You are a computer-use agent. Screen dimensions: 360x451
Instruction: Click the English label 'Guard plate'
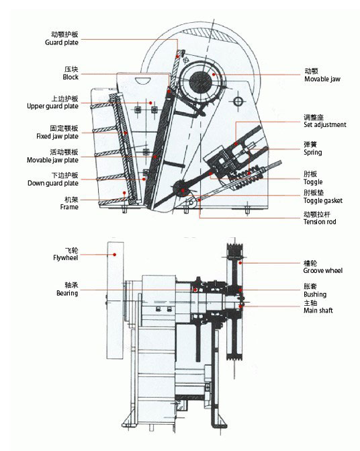62,42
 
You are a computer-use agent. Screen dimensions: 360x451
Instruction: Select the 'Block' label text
71,77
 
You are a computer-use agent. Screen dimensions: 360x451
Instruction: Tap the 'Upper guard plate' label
52,106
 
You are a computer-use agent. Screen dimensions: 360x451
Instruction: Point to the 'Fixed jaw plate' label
57,136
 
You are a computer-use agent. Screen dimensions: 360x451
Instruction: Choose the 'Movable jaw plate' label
52,160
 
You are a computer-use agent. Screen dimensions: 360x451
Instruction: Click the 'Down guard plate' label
53,183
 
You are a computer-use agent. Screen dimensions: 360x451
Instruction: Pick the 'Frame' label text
69,207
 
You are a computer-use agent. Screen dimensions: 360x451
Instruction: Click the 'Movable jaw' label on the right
322,79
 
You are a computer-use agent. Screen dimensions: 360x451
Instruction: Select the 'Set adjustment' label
325,125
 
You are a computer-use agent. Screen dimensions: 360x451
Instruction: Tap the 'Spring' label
312,153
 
